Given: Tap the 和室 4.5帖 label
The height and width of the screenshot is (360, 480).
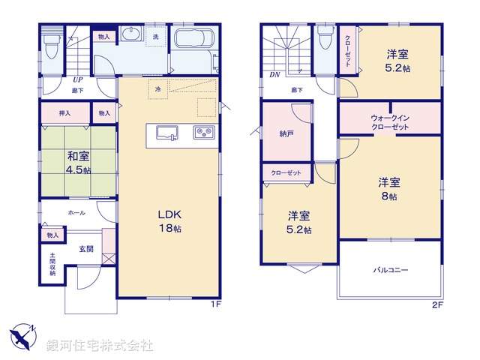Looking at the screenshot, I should click(x=78, y=163).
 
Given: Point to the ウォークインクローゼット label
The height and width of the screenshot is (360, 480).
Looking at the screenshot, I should click(x=389, y=123).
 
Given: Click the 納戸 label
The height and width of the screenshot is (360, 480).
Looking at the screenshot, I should click(x=286, y=134).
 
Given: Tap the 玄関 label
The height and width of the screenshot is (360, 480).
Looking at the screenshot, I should click(x=86, y=249).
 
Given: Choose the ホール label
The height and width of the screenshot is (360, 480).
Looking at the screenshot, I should click(x=76, y=213).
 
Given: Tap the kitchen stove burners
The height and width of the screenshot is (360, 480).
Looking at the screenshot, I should click(x=204, y=133).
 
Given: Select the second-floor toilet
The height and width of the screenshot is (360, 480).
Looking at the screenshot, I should click(x=324, y=42).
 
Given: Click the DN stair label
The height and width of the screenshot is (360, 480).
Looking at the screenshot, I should click(x=274, y=75).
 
